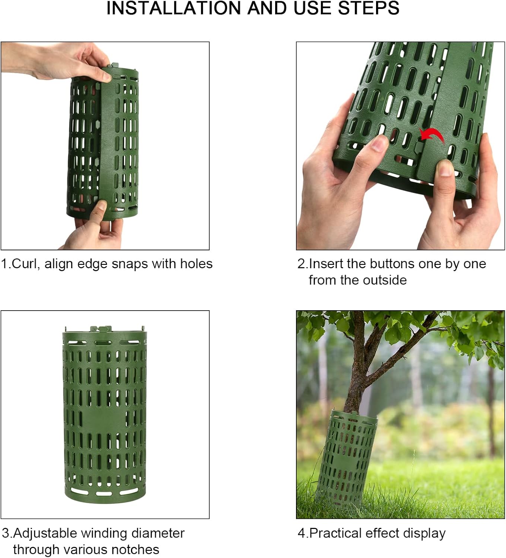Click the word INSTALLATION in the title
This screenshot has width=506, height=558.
(x=174, y=8)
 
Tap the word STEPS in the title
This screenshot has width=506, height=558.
(x=369, y=8)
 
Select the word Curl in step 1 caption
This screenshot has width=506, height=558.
(x=24, y=264)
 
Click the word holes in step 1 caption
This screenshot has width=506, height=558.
(x=196, y=264)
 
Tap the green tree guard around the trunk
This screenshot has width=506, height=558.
(x=346, y=459)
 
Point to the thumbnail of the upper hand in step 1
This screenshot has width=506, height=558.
(x=106, y=76)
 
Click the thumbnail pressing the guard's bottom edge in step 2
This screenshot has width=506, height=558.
(x=445, y=168)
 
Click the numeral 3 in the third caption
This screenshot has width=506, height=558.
(x=5, y=533)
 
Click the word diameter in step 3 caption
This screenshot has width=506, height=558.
(x=157, y=533)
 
